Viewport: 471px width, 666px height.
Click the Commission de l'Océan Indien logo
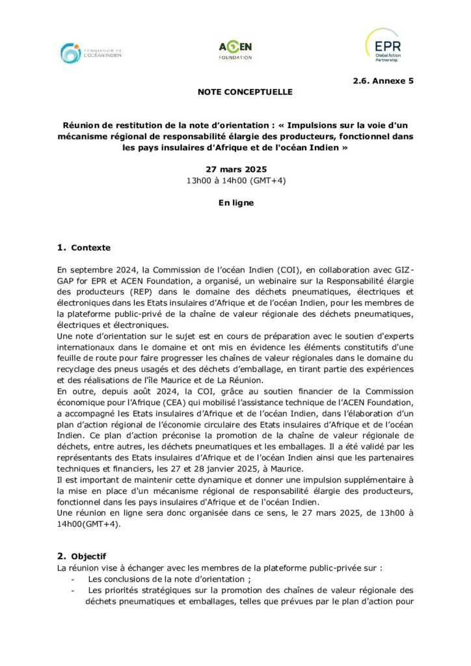(90, 53)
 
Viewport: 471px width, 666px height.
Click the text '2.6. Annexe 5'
(383, 81)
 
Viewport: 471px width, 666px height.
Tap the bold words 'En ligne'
(235, 202)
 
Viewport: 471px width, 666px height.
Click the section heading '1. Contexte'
(84, 248)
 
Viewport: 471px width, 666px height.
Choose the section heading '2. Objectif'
(81, 556)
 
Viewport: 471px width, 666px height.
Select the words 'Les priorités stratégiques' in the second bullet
(139, 591)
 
